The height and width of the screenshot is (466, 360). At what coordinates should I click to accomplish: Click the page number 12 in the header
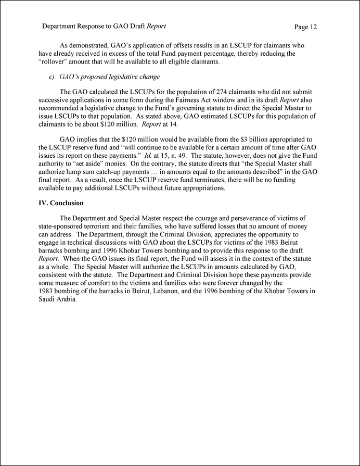(313, 26)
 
